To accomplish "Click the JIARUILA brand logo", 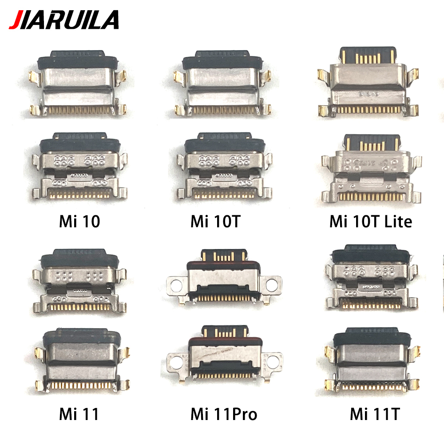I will click(64, 20).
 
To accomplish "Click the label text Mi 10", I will click(79, 222).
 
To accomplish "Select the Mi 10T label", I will click(215, 222).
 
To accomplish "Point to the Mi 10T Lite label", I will click(370, 222).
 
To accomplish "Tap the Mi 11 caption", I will click(79, 414).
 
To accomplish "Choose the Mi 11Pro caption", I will click(224, 414).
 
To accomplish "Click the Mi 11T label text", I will click(375, 414).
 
